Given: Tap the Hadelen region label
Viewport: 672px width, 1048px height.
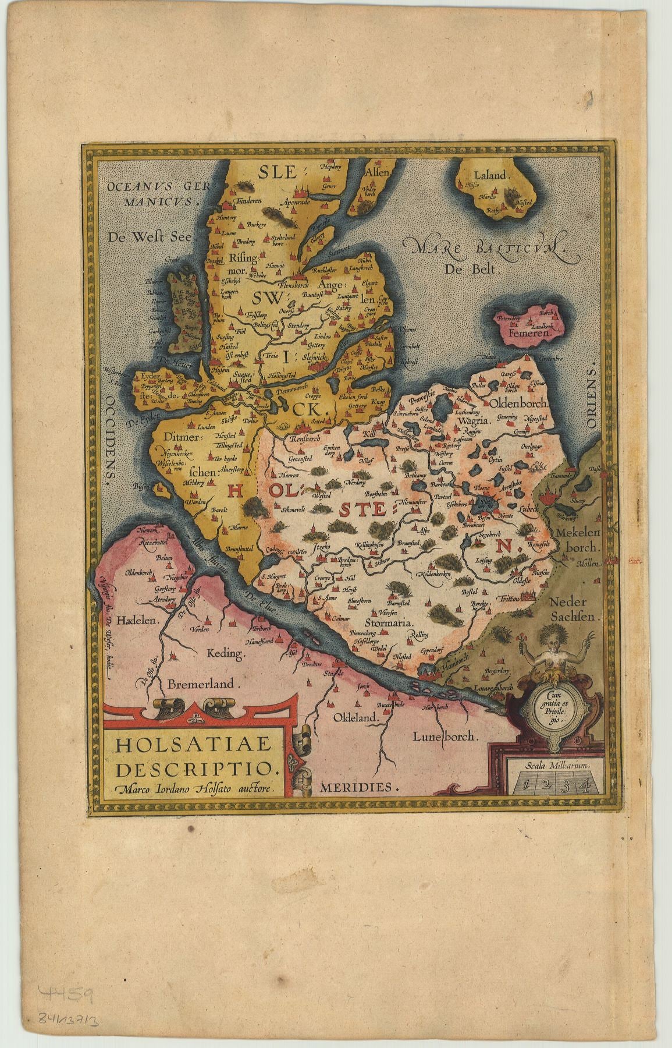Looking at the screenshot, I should (137, 621).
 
